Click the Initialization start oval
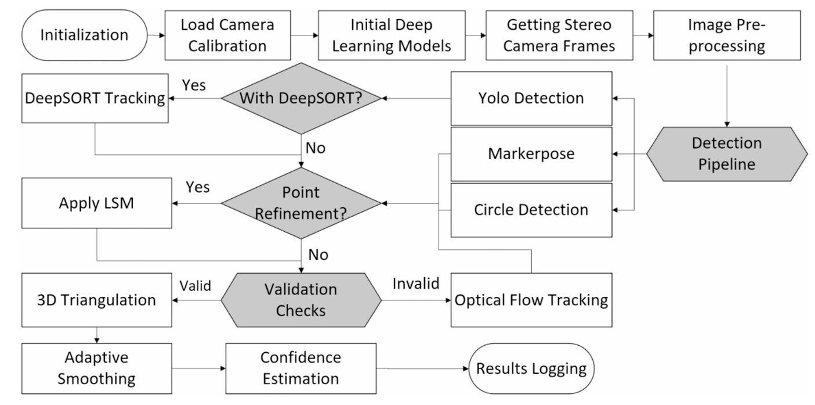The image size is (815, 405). tap(84, 35)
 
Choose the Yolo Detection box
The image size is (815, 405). tap(531, 98)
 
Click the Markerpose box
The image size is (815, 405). tap(531, 154)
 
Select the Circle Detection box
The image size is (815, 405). tap(531, 210)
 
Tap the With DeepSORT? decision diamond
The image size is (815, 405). tap(301, 98)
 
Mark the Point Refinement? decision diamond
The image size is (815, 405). tap(301, 203)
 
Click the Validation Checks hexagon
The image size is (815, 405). tap(301, 300)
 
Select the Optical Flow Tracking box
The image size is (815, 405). tap(531, 300)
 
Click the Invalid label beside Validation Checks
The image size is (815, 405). tap(416, 284)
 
